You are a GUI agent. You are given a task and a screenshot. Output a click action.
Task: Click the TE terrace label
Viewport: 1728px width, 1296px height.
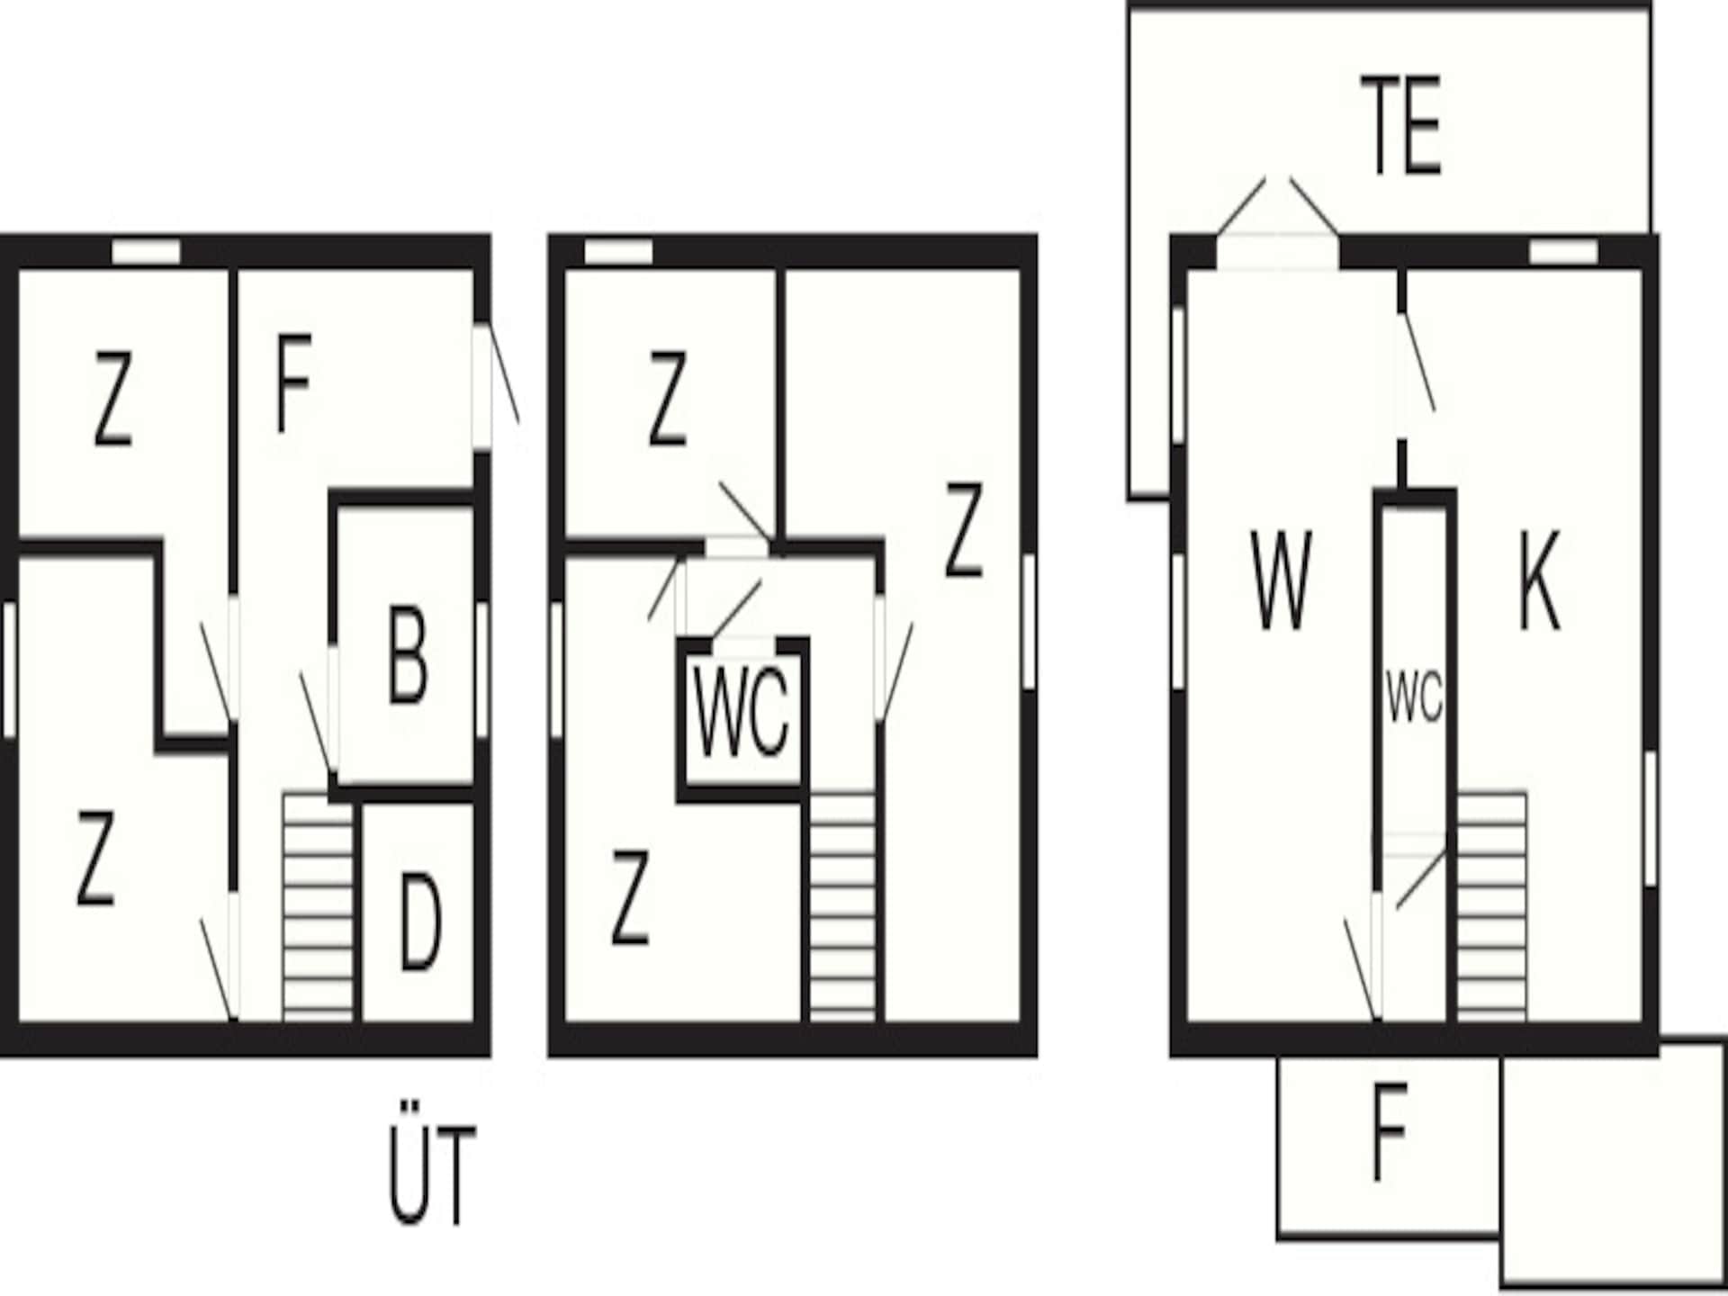[1400, 125]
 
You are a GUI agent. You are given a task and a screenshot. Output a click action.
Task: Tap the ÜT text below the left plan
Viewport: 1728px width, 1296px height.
[431, 1174]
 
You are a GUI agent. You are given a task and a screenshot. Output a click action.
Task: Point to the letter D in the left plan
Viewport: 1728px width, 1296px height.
[419, 923]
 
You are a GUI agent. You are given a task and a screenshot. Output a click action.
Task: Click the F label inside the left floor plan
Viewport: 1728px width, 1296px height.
[293, 382]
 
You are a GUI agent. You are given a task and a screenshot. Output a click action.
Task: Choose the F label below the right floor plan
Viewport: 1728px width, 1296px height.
[1390, 1132]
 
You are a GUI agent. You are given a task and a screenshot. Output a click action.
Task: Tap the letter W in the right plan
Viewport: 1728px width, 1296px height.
[1281, 580]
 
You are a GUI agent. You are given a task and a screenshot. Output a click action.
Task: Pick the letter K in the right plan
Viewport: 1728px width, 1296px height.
[1540, 580]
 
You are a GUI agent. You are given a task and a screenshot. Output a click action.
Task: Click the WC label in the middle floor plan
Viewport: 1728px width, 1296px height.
[742, 712]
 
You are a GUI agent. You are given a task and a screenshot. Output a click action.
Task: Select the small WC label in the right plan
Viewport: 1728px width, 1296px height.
[1414, 697]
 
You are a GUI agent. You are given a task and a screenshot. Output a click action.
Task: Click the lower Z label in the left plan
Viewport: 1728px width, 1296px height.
[96, 857]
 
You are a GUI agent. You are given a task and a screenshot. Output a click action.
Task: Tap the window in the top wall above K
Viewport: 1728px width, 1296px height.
[1563, 252]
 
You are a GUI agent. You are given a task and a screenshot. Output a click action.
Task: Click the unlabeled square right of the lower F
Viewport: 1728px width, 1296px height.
[1612, 1164]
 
